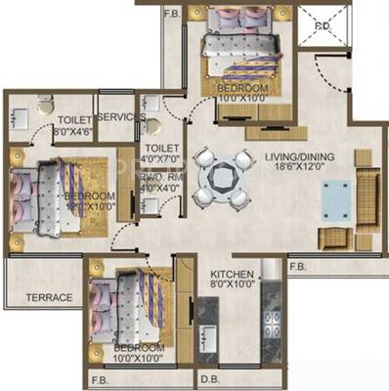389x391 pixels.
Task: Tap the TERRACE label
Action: point(48,297)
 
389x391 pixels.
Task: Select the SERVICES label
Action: point(121,116)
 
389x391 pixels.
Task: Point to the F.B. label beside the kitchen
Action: point(299,265)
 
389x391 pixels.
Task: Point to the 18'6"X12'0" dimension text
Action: point(301,168)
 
